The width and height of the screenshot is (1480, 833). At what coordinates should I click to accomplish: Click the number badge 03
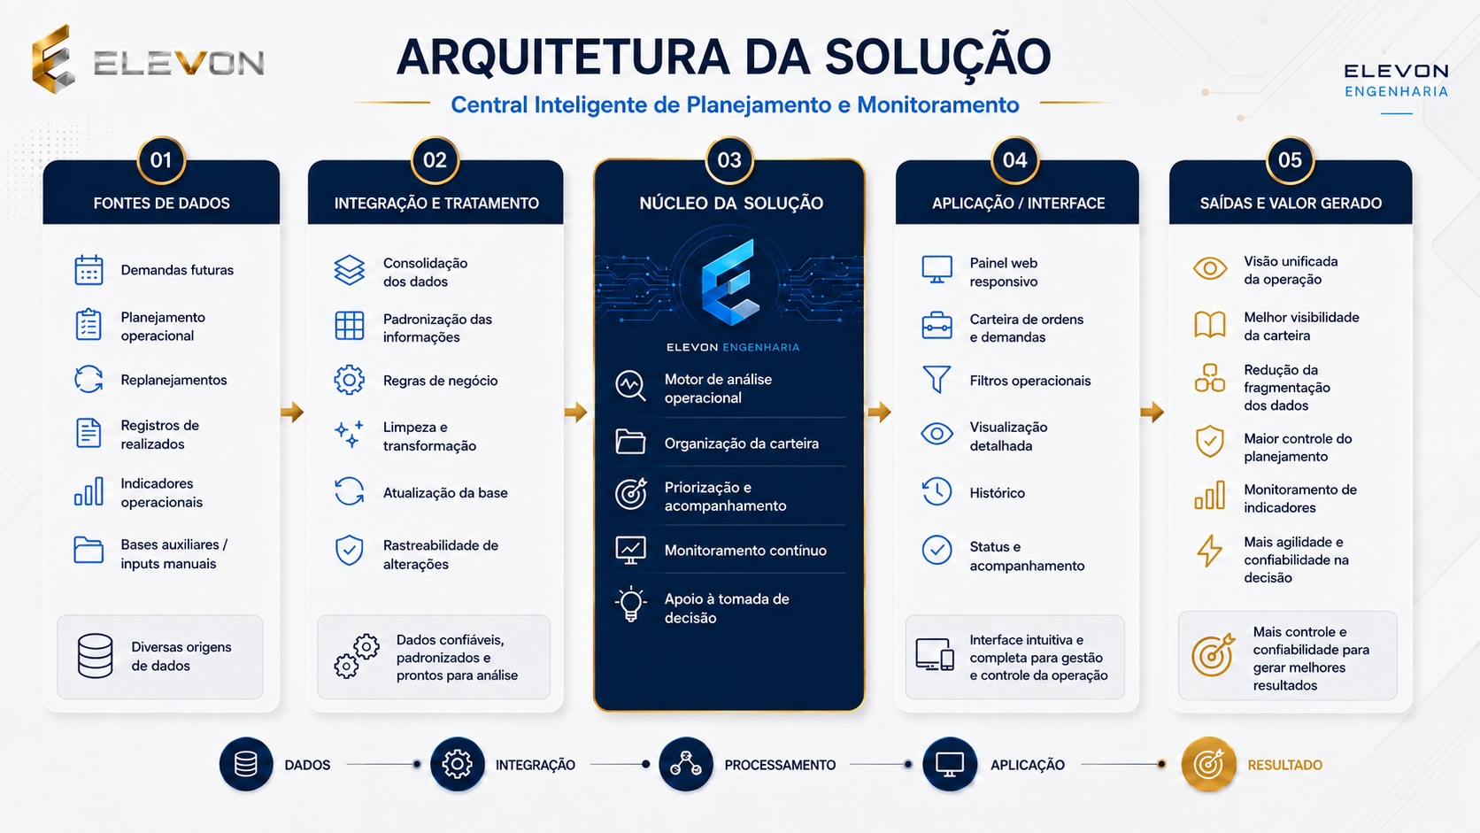pos(729,160)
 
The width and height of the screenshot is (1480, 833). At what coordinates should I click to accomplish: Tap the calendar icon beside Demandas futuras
pos(89,269)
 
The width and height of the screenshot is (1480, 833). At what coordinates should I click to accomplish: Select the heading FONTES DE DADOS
pos(161,203)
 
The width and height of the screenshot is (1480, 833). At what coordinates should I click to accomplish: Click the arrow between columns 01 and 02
pos(292,413)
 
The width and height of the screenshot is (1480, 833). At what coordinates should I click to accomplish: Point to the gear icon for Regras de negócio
pos(349,380)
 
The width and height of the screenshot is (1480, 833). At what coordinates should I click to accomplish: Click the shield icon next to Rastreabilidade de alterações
pos(349,551)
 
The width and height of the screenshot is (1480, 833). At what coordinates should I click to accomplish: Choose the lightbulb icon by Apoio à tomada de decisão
pos(630,604)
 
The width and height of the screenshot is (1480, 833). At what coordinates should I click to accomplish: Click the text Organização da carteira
pos(741,443)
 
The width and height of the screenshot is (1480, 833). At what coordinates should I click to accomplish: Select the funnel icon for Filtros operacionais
pos(937,379)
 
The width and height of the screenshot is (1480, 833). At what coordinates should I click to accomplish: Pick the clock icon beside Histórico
pos(937,492)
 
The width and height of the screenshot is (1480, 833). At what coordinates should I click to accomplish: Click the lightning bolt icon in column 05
pos(1209,551)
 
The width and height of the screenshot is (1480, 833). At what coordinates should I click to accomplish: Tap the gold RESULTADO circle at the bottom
pos(1208,764)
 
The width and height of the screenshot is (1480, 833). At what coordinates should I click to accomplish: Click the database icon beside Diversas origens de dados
pos(95,656)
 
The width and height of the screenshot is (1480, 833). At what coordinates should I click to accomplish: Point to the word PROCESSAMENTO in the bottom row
pos(780,765)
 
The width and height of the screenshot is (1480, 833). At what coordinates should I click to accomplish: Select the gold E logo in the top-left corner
pos(52,59)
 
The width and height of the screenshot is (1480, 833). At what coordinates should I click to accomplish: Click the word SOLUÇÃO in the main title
pos(937,57)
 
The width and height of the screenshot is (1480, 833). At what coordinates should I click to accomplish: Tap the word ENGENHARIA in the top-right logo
pos(1397,92)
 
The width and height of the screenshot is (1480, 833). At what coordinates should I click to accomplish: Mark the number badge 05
pos(1290,160)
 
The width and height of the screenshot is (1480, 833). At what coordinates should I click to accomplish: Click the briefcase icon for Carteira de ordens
pos(937,326)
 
